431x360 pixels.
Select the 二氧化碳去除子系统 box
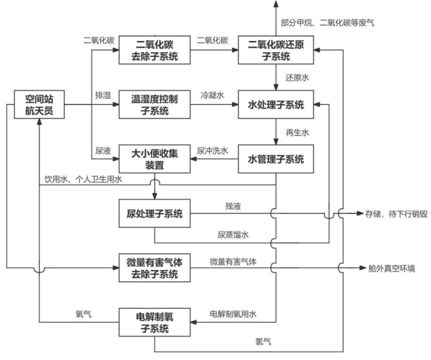pyautogui.click(x=154, y=50)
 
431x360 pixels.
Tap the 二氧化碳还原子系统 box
pyautogui.click(x=275, y=50)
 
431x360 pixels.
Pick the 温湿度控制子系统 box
pyautogui.click(x=154, y=105)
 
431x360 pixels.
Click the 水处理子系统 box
pyautogui.click(x=275, y=105)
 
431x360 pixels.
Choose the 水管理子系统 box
pyautogui.click(x=275, y=159)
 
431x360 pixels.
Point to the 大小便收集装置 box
pyautogui.click(x=154, y=159)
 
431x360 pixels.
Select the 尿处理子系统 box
pyautogui.click(x=154, y=214)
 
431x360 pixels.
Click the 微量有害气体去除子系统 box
pyautogui.click(x=154, y=268)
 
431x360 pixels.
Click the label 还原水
pyautogui.click(x=297, y=78)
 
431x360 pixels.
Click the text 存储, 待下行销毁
pyautogui.click(x=395, y=214)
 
